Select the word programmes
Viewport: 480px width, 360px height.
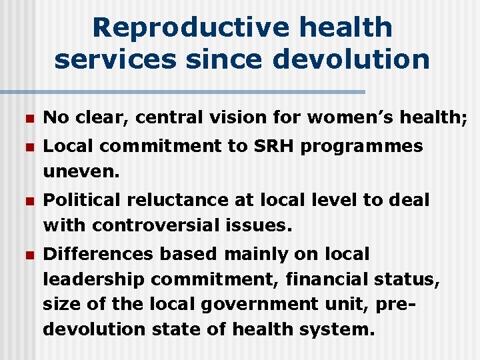point(362,147)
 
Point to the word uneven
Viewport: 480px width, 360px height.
point(81,172)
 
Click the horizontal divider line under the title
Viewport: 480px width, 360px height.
point(183,91)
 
